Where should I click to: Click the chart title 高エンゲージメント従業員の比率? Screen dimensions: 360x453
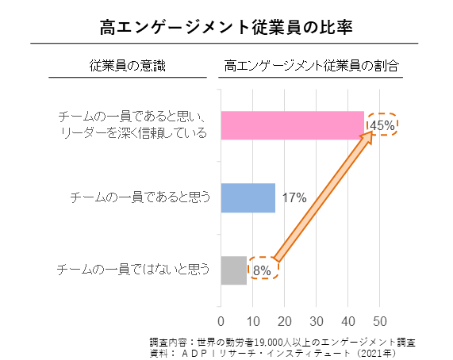[226, 27]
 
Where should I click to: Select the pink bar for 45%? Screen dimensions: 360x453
[291, 124]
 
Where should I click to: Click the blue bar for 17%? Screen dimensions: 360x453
[248, 197]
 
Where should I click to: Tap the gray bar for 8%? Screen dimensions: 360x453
[233, 270]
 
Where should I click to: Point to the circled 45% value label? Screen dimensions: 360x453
[382, 124]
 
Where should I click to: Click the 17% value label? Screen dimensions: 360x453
[294, 197]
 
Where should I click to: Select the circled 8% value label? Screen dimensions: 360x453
[263, 270]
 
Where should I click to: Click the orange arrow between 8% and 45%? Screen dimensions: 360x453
[321, 197]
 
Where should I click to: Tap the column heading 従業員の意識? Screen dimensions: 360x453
[128, 66]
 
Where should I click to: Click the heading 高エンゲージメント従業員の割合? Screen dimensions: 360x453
[311, 66]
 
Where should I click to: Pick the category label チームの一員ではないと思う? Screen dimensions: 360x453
[134, 270]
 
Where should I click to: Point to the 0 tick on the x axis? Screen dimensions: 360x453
[221, 321]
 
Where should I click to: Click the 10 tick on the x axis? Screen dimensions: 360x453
[252, 321]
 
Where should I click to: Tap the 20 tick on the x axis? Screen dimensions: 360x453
[284, 321]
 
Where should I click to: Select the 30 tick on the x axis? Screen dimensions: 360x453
[316, 321]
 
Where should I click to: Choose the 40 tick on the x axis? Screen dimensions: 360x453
[347, 321]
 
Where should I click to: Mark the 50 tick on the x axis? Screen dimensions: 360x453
[379, 321]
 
